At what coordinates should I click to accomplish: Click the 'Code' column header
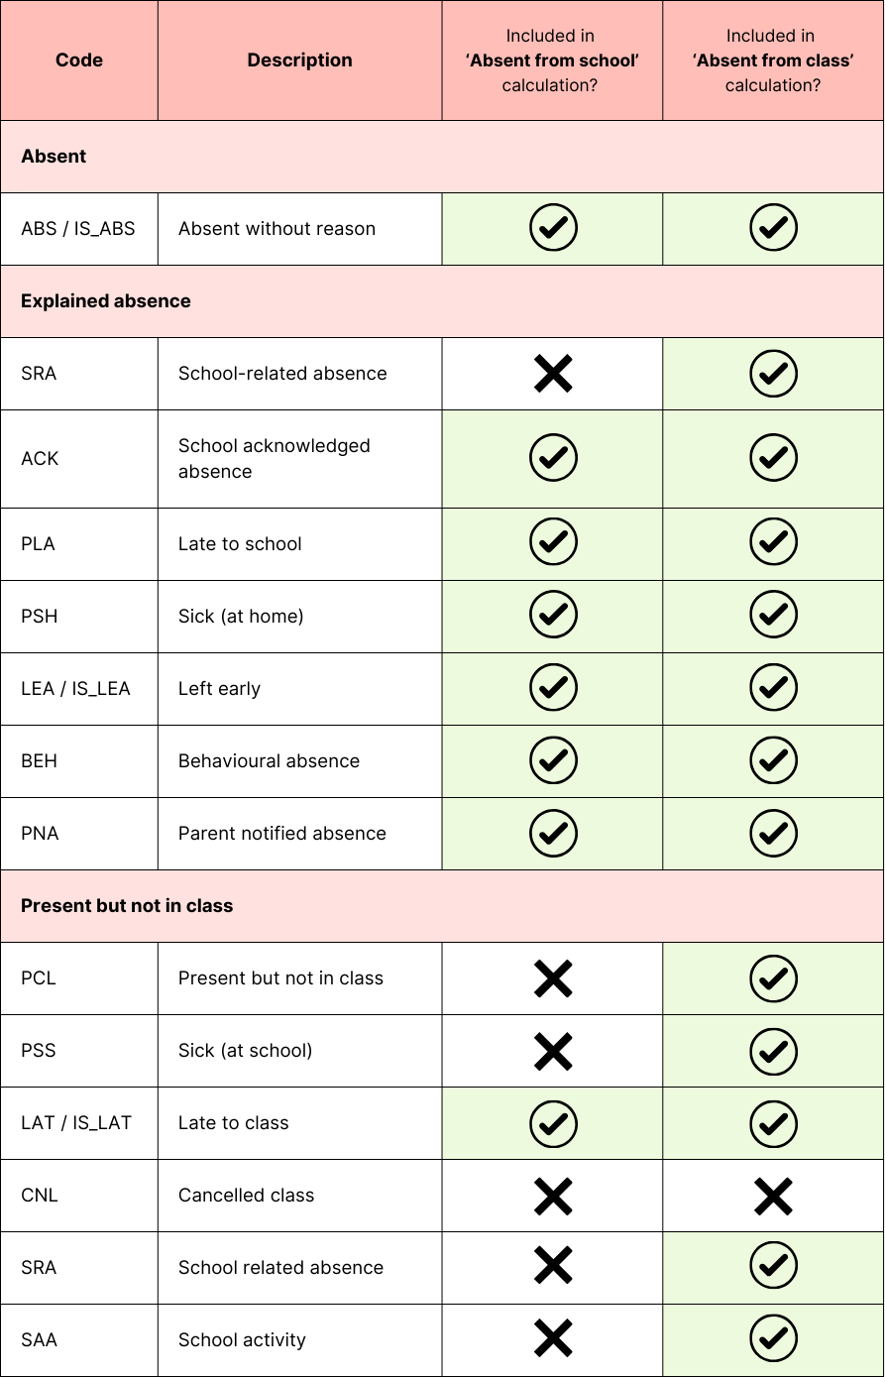(x=79, y=60)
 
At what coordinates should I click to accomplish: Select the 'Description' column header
(x=299, y=60)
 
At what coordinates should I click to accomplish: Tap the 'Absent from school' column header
(x=552, y=60)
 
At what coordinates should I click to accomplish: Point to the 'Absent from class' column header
(x=773, y=60)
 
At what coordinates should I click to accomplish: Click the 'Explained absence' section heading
(x=106, y=301)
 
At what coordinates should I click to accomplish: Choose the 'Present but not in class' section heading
(x=127, y=906)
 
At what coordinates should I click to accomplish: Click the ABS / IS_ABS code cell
(x=78, y=229)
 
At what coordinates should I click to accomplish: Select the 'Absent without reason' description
(x=277, y=229)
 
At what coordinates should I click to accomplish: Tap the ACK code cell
(x=40, y=459)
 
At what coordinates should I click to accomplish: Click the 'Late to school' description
(x=240, y=544)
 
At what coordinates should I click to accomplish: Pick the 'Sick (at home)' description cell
(x=241, y=617)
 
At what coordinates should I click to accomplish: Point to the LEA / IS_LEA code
(x=75, y=689)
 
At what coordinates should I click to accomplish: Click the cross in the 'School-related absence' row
(x=553, y=374)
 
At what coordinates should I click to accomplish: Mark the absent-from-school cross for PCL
(x=553, y=978)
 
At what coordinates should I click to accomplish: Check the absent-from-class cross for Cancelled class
(x=773, y=1196)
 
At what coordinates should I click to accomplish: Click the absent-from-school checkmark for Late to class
(x=553, y=1123)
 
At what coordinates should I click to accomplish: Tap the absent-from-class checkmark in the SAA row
(x=773, y=1340)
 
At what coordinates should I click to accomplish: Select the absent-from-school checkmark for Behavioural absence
(x=553, y=761)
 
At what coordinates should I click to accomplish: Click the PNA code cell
(x=40, y=834)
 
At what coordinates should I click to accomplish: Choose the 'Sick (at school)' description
(x=245, y=1051)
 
